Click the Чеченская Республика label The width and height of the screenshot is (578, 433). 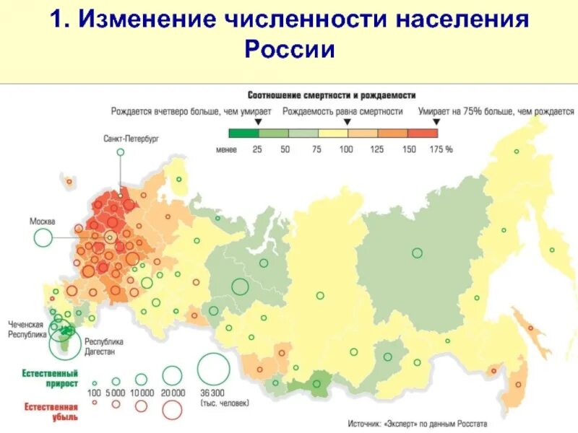[x=27, y=330]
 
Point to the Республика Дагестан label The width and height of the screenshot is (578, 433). [x=104, y=346]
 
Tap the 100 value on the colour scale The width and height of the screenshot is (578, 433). [x=346, y=149]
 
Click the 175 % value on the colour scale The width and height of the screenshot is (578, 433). [x=441, y=149]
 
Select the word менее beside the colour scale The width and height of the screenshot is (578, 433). [x=226, y=149]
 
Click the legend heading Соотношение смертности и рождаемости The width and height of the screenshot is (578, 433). [x=332, y=95]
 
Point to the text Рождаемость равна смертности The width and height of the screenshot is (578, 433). [x=342, y=112]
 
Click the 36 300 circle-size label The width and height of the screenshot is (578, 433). [x=212, y=392]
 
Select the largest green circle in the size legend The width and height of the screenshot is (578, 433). [x=212, y=369]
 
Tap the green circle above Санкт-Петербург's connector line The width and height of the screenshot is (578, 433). [x=121, y=152]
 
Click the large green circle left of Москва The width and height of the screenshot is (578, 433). [x=43, y=237]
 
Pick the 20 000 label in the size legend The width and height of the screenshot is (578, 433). [x=173, y=392]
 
